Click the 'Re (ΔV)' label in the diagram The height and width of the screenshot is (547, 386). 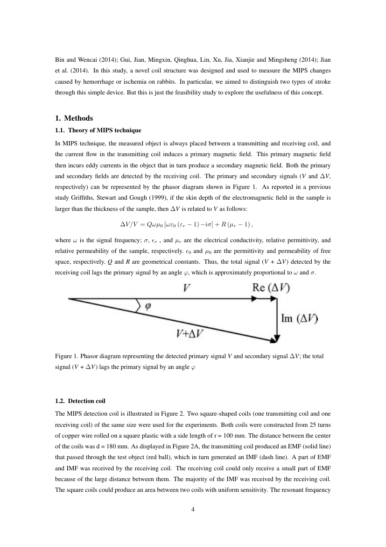(271, 289)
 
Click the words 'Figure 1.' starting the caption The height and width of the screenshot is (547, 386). (66, 357)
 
